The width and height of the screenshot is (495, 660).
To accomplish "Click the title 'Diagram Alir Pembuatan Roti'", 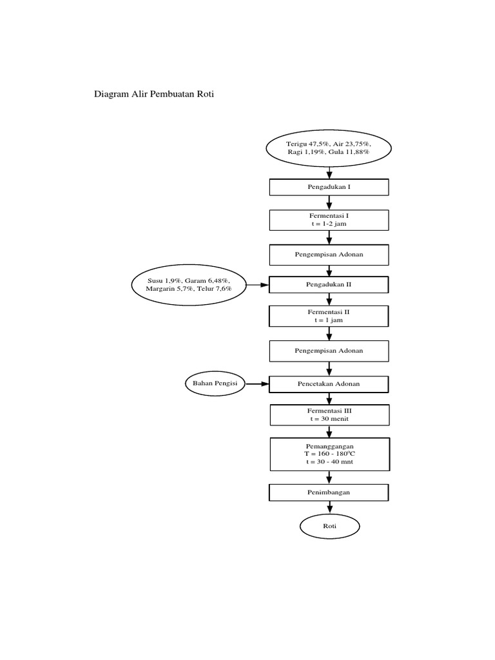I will [153, 94].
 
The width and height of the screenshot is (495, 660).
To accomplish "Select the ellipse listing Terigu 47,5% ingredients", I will [329, 147].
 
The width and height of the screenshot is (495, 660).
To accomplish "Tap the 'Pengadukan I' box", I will [329, 187].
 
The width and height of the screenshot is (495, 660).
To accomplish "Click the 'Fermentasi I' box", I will [329, 220].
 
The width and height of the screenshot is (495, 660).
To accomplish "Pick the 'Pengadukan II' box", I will [329, 284].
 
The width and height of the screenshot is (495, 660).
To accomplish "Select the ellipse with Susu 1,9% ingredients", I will [188, 285].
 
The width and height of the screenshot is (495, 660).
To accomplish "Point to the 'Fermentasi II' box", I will [329, 316].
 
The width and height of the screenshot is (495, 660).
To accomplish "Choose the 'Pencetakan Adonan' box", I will [329, 384].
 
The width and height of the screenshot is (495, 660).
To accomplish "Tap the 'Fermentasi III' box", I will [329, 414].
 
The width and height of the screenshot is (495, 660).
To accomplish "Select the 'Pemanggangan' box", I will [329, 455].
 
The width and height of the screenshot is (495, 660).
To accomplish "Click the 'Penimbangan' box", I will [329, 492].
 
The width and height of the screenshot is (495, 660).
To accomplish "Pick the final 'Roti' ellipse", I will [329, 527].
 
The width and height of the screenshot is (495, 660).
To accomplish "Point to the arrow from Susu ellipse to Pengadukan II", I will [257, 284].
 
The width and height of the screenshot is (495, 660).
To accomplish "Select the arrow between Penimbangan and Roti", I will [329, 507].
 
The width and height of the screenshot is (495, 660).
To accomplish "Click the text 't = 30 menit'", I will [329, 419].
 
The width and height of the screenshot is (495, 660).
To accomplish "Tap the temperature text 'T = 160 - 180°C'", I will [329, 455].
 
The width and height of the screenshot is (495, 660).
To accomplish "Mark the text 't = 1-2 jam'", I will [329, 224].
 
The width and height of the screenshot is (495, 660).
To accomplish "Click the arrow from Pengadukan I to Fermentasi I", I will [329, 202].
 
